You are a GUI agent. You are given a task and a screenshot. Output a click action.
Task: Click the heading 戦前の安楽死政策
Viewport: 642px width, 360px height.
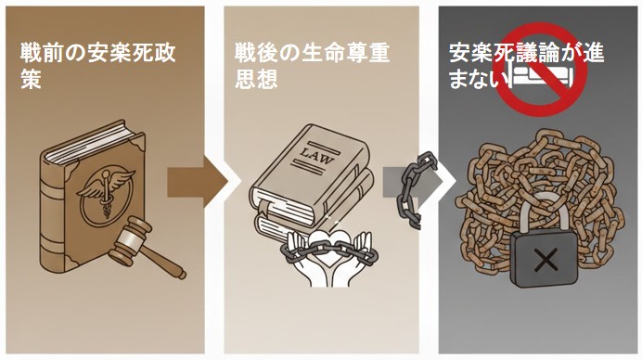pos(98,66)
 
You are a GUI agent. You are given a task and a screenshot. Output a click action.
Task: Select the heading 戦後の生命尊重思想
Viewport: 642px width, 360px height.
pos(313,66)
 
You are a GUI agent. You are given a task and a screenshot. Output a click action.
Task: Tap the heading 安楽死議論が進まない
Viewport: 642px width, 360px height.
pos(527,66)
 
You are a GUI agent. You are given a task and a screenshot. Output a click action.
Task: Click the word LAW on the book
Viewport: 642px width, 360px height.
pos(316,156)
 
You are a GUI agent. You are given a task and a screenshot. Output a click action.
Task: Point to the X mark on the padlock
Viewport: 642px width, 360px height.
pos(546,260)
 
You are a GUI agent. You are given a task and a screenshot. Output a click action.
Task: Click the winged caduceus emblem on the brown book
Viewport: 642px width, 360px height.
pos(106,193)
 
